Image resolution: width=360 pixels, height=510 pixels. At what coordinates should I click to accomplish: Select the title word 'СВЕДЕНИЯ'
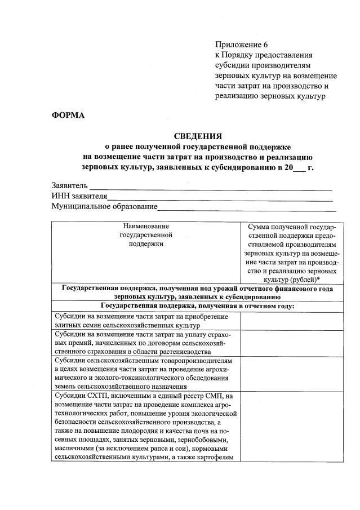(x=198, y=136)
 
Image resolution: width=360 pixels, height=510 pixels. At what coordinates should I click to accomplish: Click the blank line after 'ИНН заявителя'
(x=220, y=197)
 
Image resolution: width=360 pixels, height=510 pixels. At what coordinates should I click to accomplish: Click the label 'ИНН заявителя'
(x=79, y=196)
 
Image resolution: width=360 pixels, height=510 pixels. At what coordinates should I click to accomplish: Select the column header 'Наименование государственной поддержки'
(x=146, y=235)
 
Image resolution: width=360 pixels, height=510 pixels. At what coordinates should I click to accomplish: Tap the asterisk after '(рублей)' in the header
(x=320, y=280)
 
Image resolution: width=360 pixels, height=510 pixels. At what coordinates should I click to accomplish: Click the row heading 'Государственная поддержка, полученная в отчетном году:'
(x=198, y=306)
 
